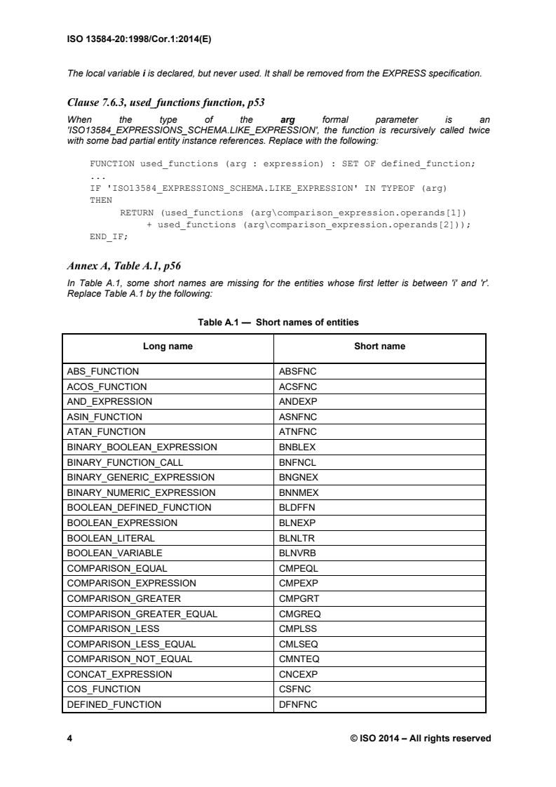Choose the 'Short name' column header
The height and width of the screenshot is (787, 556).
tap(379, 347)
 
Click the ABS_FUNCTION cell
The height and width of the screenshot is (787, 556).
tap(102, 371)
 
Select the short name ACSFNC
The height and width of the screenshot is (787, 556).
tap(298, 386)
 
